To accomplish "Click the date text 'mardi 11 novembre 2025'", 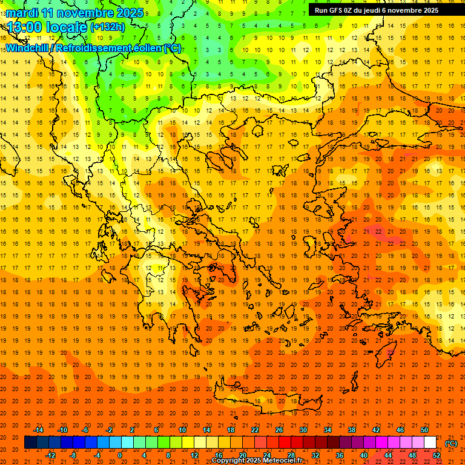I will click(x=75, y=13).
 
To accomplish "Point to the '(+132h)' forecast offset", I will click(x=107, y=27).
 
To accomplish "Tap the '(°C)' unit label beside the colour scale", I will click(x=451, y=443).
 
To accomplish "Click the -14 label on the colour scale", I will click(x=39, y=430).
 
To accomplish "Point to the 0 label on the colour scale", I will click(x=120, y=455).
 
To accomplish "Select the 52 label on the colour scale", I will click(x=437, y=455).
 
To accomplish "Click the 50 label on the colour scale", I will click(x=424, y=430).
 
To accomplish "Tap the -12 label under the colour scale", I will click(x=51, y=455).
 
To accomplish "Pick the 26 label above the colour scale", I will click(x=279, y=430).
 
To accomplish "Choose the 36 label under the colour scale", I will click(x=339, y=455).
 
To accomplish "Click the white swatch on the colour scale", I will click(x=430, y=443).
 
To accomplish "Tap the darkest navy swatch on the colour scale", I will click(x=30, y=443).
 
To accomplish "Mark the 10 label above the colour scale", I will click(x=182, y=430).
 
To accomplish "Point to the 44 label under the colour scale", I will click(x=388, y=455).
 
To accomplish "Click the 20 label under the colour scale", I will click(x=242, y=455).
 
